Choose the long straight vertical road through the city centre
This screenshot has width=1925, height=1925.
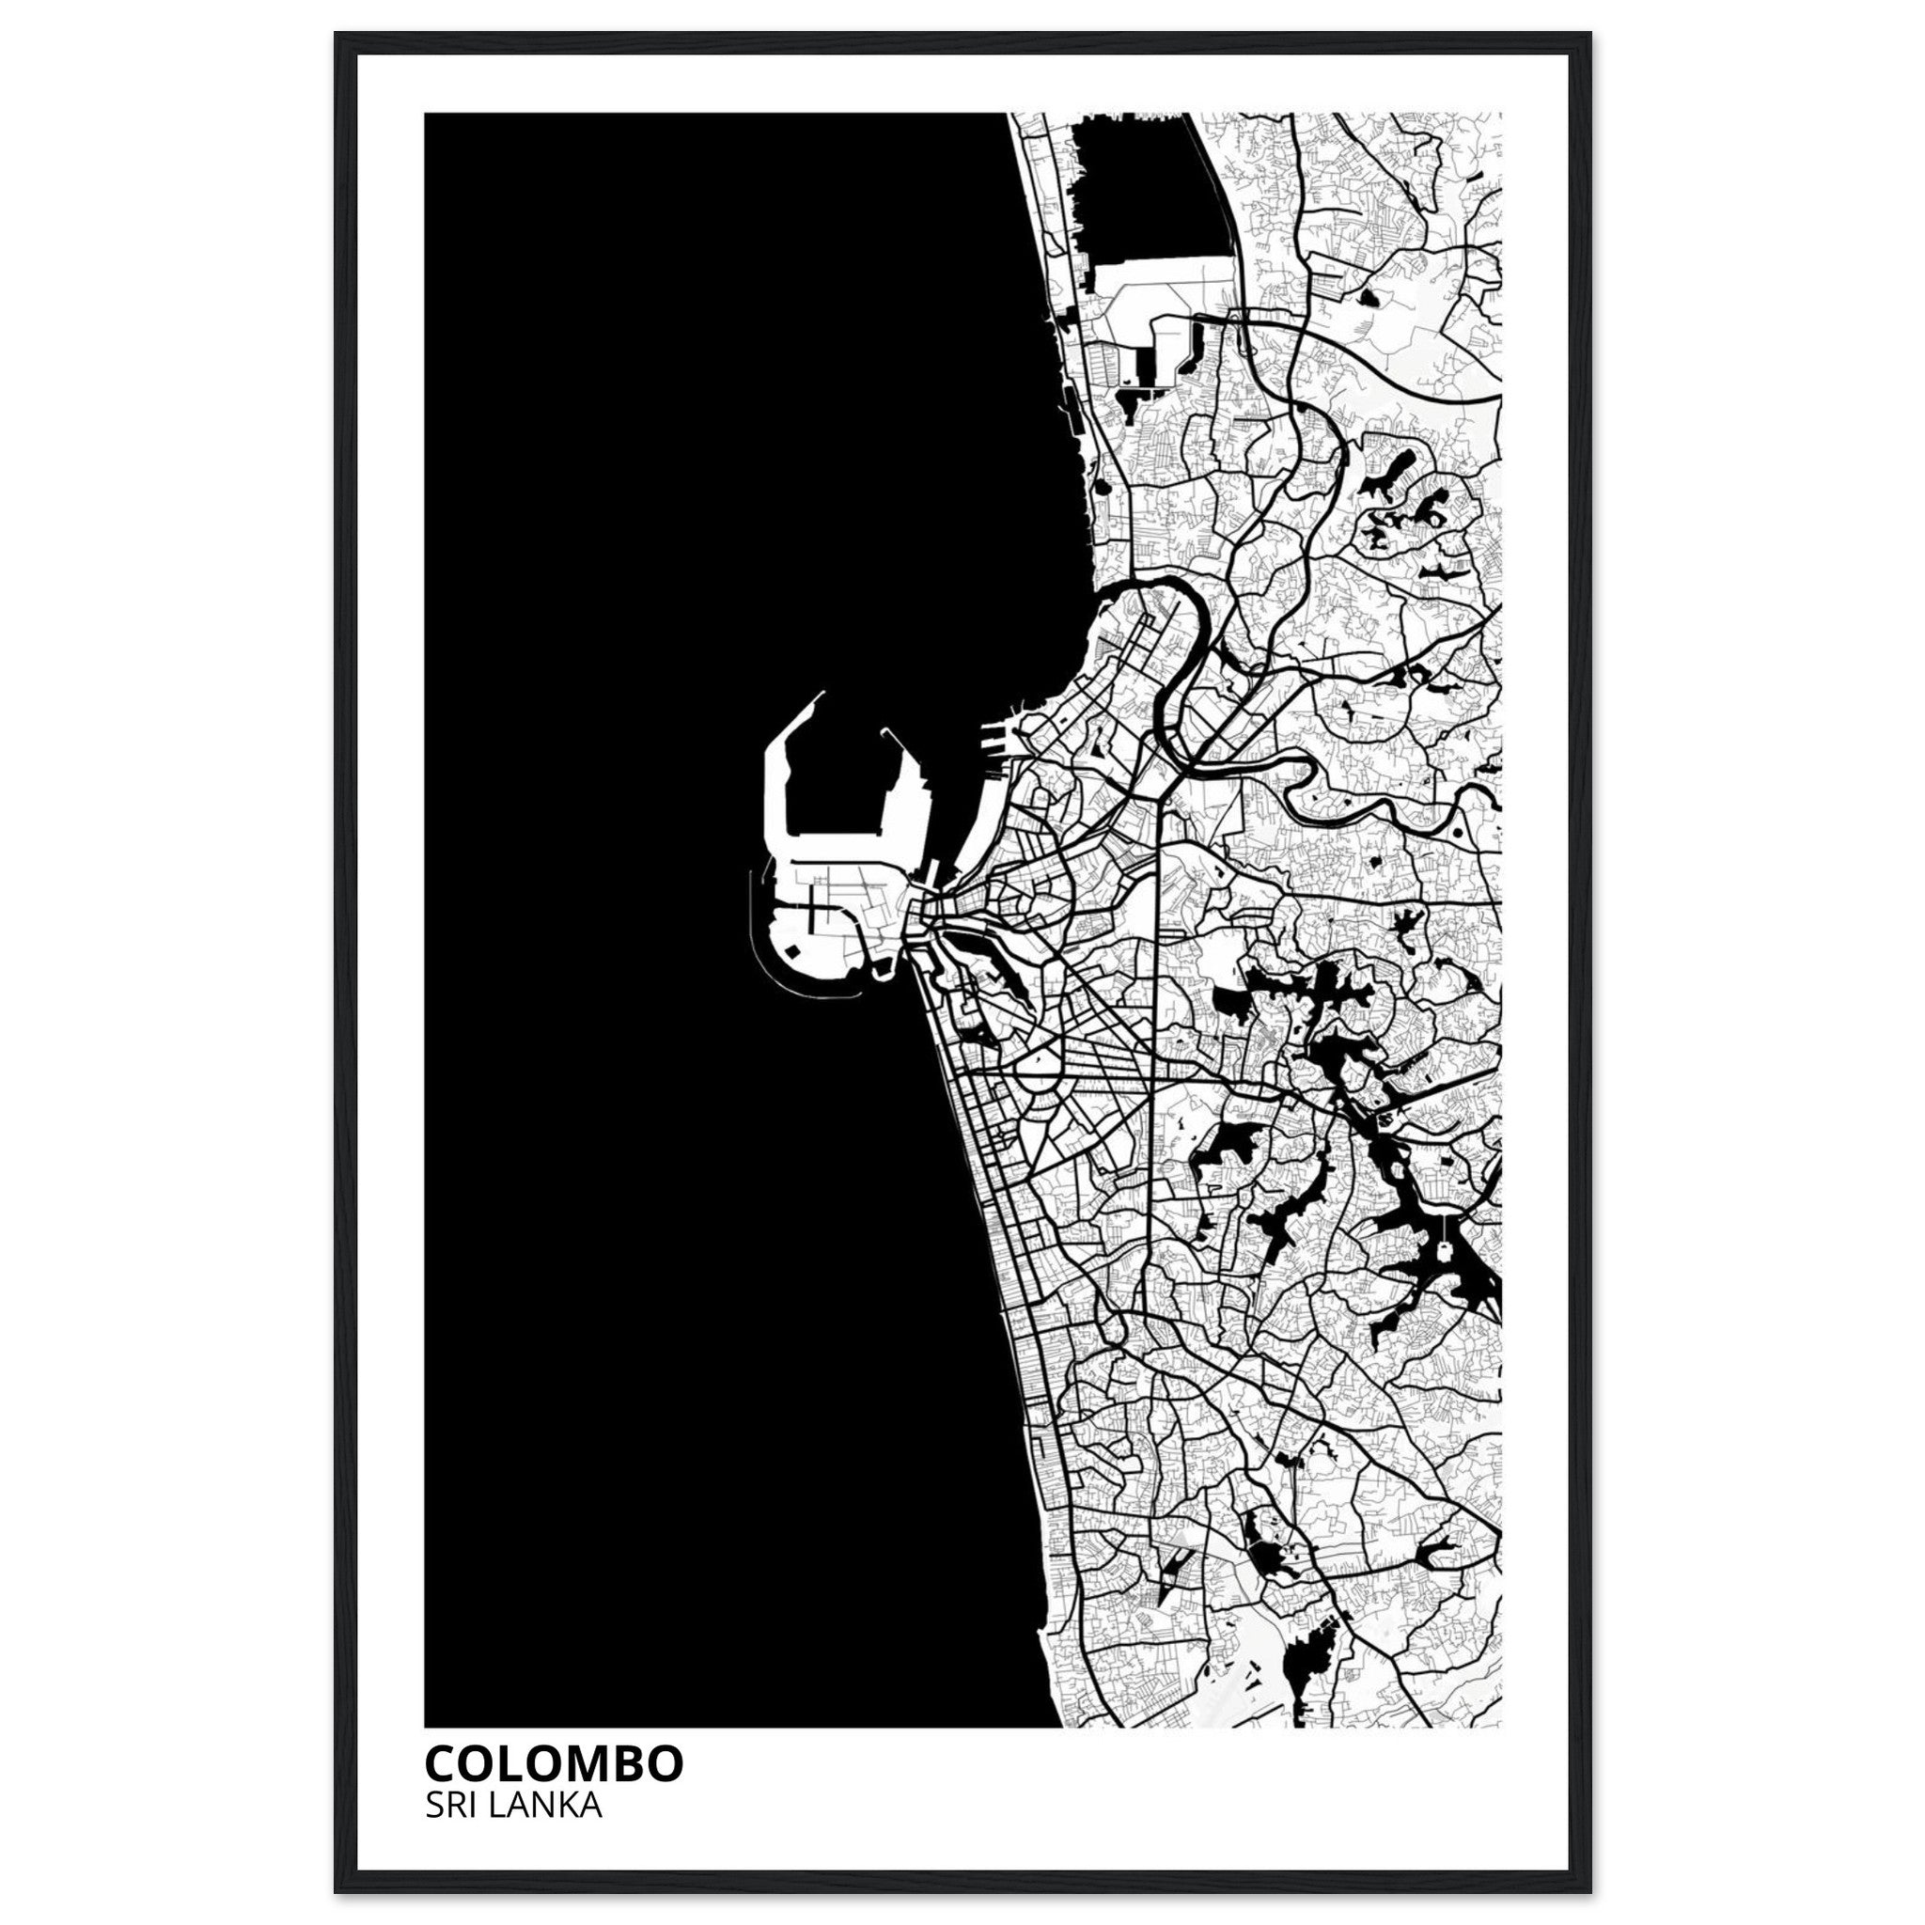point(1154,996)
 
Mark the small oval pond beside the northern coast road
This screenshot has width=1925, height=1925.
point(1102,487)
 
